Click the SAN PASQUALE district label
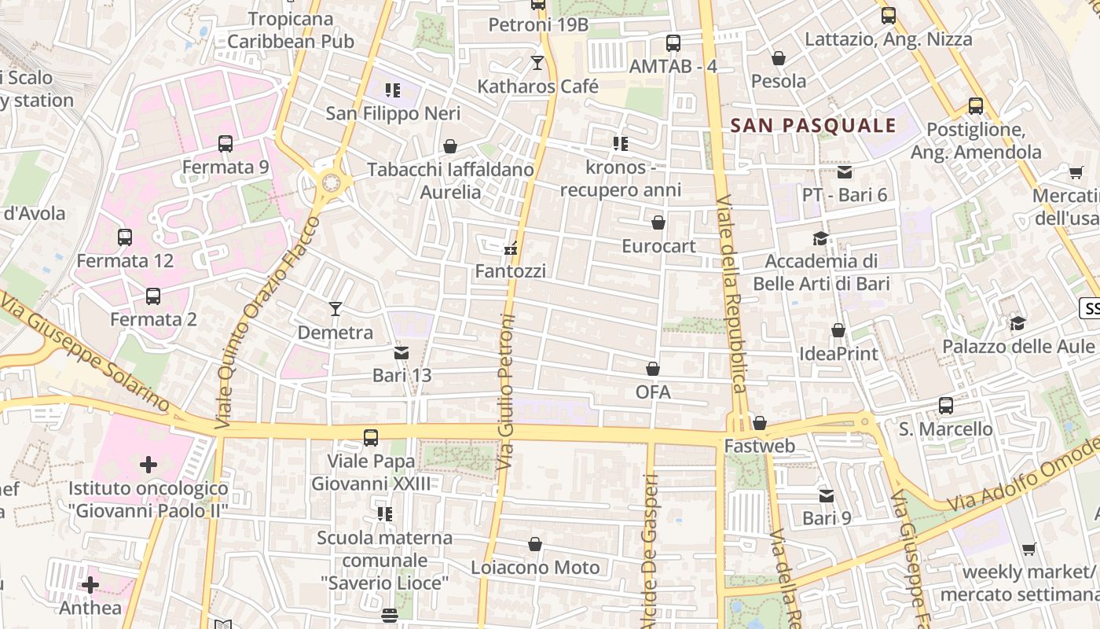[x=813, y=126]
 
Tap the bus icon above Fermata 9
[x=225, y=144]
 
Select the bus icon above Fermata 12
[x=125, y=237]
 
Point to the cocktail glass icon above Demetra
[x=335, y=309]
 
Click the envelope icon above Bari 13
[x=401, y=353]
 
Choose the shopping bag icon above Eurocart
[x=658, y=223]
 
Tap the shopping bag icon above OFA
[x=653, y=369]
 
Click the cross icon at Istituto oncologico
[x=148, y=465]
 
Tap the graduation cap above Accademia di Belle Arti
[x=820, y=238]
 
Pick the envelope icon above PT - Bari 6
[x=845, y=172]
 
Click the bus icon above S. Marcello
[x=946, y=406]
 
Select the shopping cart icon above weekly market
[x=1029, y=549]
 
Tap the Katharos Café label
[x=538, y=86]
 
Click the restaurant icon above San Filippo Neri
[x=393, y=90]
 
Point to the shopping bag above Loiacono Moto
[x=535, y=544]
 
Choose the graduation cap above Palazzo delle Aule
[x=1017, y=323]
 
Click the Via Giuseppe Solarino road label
[x=86, y=352]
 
